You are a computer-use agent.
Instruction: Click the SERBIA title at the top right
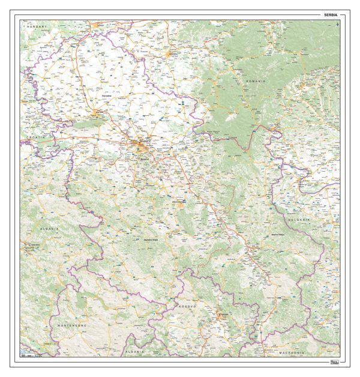coord(331,14)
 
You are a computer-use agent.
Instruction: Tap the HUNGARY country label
coord(36,27)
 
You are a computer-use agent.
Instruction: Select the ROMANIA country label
coord(256,80)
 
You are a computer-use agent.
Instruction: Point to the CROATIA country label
coord(37,137)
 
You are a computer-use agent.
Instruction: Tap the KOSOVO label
coord(187,306)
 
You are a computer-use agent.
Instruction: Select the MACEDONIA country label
coord(290,352)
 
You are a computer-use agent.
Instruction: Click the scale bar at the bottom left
coord(28,355)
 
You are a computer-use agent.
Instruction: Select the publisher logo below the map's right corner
coord(334,361)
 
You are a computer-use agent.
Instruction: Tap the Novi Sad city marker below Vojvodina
coord(97,111)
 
